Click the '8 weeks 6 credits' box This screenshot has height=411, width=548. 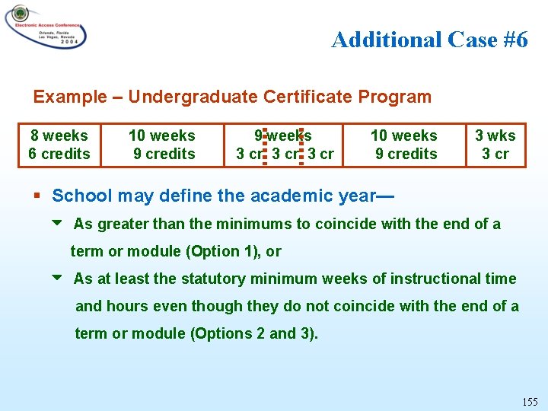[59, 145]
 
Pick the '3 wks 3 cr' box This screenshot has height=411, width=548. [495, 145]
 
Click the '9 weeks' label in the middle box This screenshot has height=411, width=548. [283, 135]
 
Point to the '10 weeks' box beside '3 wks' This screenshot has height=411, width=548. [403, 145]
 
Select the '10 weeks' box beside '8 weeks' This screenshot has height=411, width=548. [162, 145]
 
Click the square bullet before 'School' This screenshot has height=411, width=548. [38, 196]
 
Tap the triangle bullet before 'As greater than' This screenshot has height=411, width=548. [57, 224]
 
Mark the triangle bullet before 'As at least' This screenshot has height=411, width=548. [57, 279]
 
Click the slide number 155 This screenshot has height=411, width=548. [530, 401]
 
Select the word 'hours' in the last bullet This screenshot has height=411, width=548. [123, 306]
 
